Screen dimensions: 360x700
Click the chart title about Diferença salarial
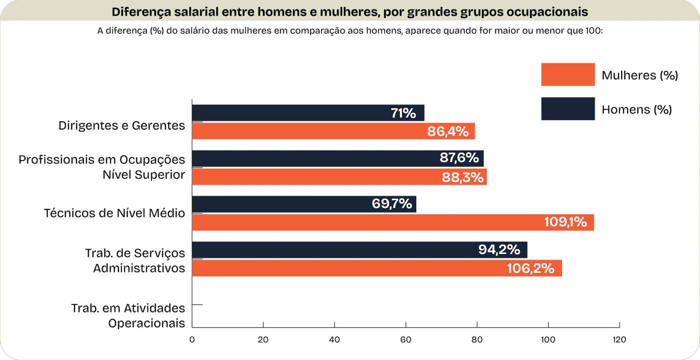point(349,11)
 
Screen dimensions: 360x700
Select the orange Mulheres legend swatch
point(568,75)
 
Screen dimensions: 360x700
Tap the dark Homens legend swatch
point(568,109)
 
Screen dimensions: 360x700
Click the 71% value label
point(403,113)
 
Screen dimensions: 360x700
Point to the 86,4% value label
point(448,131)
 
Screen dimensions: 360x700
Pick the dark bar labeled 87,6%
point(337,158)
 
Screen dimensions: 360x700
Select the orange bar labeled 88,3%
point(339,177)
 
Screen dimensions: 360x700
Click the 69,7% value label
point(392,204)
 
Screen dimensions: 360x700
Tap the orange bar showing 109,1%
point(393,223)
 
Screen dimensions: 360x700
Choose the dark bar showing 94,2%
point(359,250)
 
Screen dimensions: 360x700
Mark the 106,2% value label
point(530,269)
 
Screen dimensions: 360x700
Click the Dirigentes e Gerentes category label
point(122,125)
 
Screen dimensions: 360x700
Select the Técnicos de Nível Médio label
point(114,213)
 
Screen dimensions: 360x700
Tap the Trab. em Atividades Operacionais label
point(129,316)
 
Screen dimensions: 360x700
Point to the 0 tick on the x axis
point(192,340)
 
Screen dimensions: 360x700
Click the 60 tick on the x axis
point(406,340)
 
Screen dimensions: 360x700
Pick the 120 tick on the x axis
point(619,340)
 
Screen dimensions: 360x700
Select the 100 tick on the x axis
point(548,340)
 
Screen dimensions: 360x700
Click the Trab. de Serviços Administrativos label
point(135,260)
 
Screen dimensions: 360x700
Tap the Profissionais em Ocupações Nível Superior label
point(102,167)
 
